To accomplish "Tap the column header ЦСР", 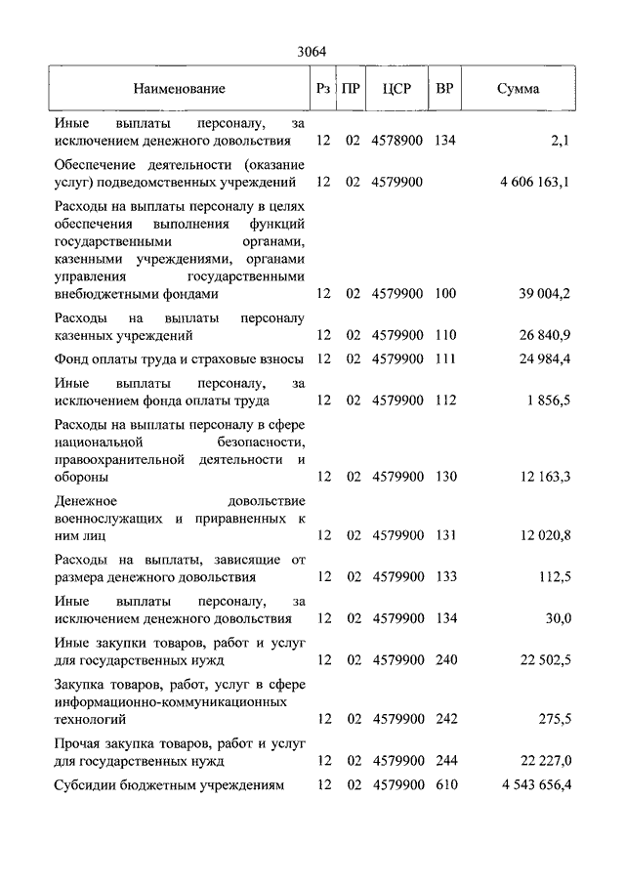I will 396,89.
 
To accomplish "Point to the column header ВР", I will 444,89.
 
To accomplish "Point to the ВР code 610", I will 446,784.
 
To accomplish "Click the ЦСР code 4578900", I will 397,141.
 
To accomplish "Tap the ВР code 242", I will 446,719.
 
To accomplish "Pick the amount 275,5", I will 554,719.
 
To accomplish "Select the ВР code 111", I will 445,358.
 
